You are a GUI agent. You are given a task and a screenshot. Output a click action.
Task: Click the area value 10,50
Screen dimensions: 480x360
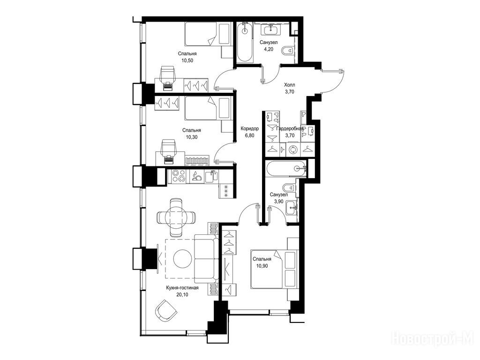point(187,60)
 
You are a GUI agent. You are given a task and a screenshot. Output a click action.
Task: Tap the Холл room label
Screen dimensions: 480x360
point(290,84)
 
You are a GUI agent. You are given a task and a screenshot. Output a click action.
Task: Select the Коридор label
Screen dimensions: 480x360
point(249,128)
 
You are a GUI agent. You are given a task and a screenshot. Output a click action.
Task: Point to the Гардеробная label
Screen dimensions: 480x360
point(290,128)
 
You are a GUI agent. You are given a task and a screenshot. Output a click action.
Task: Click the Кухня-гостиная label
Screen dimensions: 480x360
point(182,288)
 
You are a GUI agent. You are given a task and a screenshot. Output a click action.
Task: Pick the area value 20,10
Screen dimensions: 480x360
point(182,295)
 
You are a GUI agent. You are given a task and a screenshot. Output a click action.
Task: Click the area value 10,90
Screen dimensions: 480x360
point(262,266)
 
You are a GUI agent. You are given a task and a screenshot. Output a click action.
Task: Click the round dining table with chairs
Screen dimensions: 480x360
point(176,217)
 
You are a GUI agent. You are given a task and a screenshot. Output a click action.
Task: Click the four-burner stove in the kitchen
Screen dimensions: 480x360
point(179,176)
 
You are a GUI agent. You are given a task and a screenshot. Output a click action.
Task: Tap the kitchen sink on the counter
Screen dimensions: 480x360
point(211,176)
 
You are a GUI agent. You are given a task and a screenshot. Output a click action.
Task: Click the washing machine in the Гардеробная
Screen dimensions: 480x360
point(293,150)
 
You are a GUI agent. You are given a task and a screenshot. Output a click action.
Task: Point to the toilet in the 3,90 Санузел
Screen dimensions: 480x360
point(289,187)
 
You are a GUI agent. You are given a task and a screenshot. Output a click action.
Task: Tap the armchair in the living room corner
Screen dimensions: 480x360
point(165,310)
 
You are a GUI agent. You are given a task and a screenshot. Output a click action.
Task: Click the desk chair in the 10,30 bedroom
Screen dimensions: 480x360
point(168,149)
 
